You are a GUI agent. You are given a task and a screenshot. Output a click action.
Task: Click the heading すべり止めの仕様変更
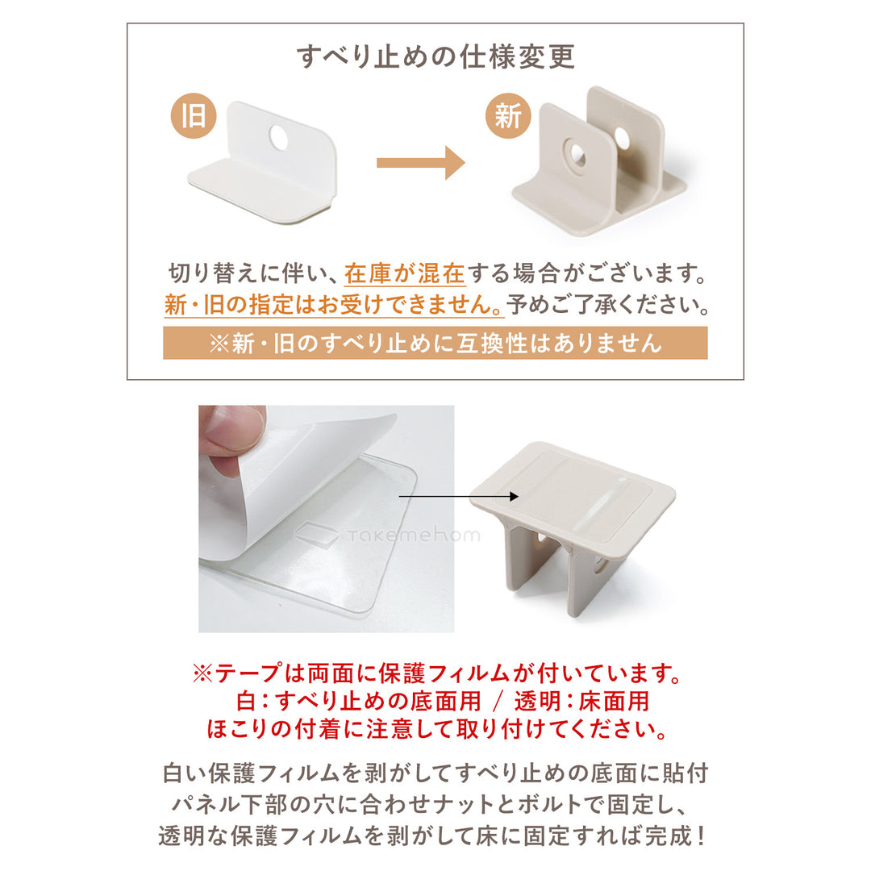(435, 57)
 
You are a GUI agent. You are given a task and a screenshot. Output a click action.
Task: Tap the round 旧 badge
(194, 117)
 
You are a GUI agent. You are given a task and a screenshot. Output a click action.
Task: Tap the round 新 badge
(508, 117)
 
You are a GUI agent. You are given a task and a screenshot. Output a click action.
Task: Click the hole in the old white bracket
(278, 139)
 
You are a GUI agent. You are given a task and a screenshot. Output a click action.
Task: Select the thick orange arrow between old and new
(420, 163)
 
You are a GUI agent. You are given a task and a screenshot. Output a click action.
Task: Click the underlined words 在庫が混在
(405, 274)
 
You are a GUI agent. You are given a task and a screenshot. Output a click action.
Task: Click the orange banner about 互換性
(435, 343)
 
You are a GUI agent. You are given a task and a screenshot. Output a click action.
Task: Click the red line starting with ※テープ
(435, 673)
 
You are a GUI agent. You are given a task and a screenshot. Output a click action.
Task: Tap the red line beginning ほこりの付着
(435, 729)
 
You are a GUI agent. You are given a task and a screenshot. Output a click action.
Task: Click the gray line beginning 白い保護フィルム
(435, 773)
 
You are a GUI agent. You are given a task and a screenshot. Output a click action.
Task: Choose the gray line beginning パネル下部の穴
(435, 804)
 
